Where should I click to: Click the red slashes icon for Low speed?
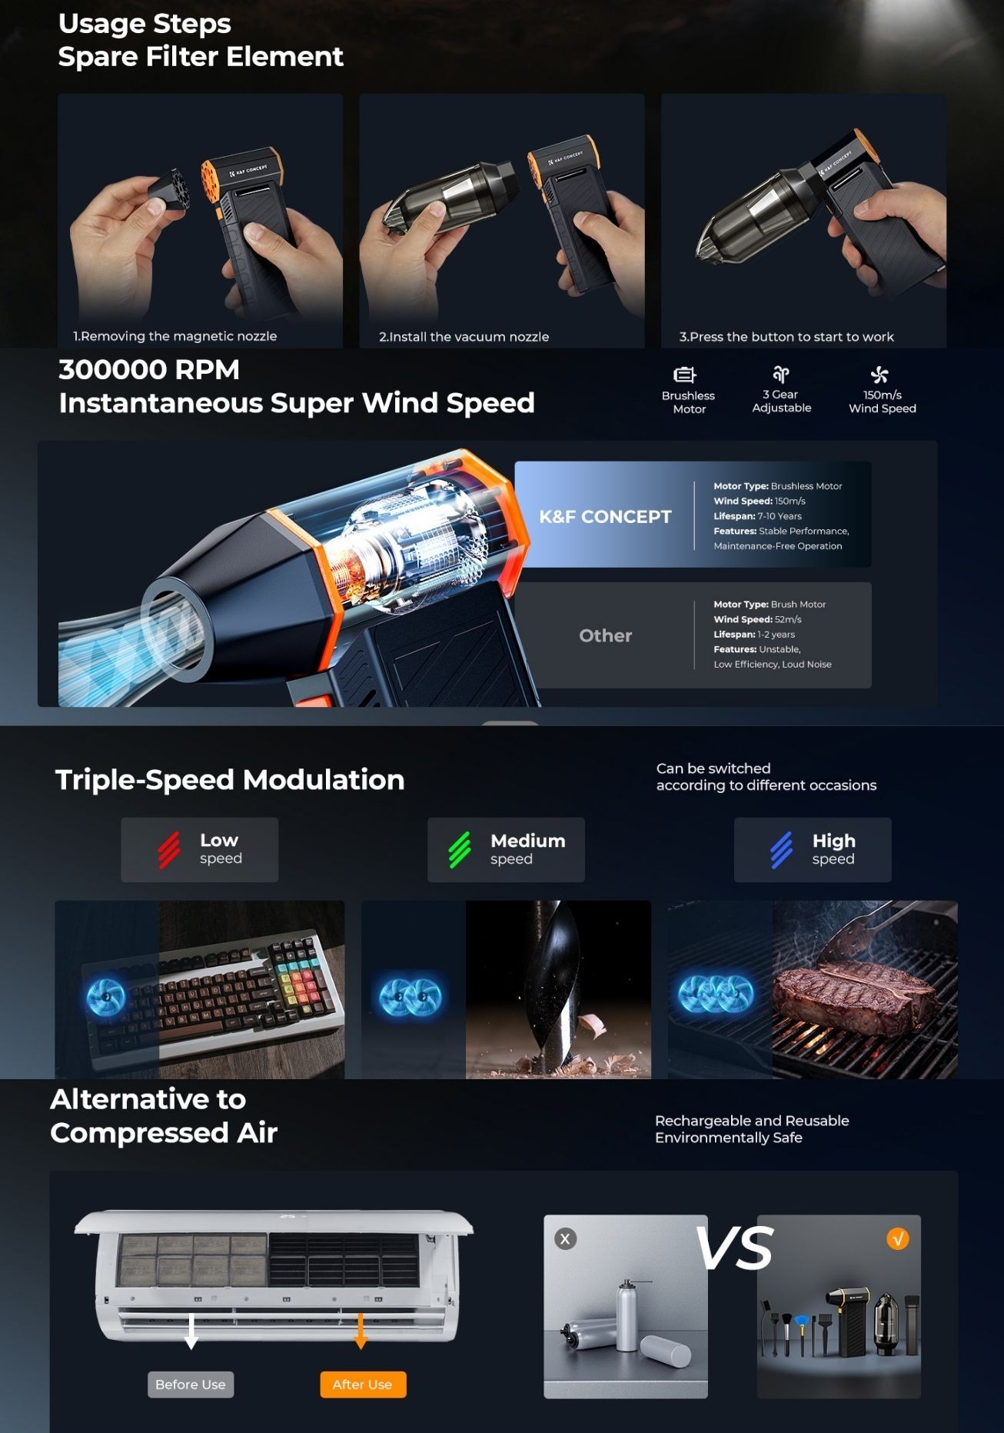(x=169, y=850)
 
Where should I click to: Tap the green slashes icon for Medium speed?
(x=460, y=850)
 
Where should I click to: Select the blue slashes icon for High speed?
(x=782, y=850)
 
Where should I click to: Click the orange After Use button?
(x=363, y=1384)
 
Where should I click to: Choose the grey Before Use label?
(x=191, y=1384)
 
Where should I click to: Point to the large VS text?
(x=734, y=1248)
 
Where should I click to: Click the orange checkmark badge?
(x=898, y=1238)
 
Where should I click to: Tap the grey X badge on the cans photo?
(x=566, y=1238)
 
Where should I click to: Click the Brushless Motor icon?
(x=684, y=375)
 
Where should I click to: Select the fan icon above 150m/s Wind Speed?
(x=879, y=375)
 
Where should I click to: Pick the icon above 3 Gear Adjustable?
(x=781, y=375)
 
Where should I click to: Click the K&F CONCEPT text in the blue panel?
(x=605, y=517)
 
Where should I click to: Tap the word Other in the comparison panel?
(x=606, y=635)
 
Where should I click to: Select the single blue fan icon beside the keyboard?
(x=105, y=997)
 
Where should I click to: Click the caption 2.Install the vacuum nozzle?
(x=464, y=337)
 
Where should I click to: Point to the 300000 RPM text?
(x=149, y=370)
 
